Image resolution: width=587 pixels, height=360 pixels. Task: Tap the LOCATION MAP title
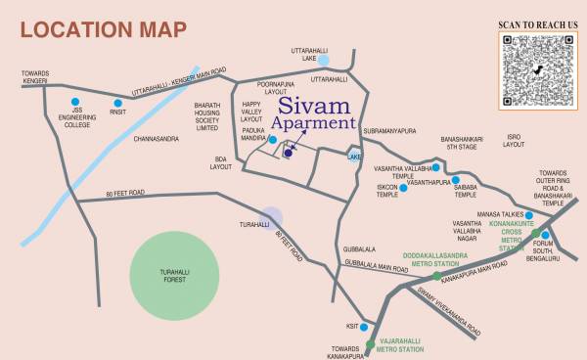click(x=103, y=29)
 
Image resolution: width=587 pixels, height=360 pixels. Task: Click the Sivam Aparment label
click(x=312, y=114)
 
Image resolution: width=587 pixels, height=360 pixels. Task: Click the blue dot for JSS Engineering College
click(x=75, y=101)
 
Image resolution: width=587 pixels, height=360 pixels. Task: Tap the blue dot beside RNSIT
click(x=117, y=103)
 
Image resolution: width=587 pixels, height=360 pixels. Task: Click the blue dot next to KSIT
click(x=363, y=327)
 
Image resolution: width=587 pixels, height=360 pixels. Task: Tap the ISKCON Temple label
click(x=387, y=191)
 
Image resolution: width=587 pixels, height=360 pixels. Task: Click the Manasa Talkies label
click(x=494, y=213)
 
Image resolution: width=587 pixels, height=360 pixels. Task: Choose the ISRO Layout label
click(x=514, y=140)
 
